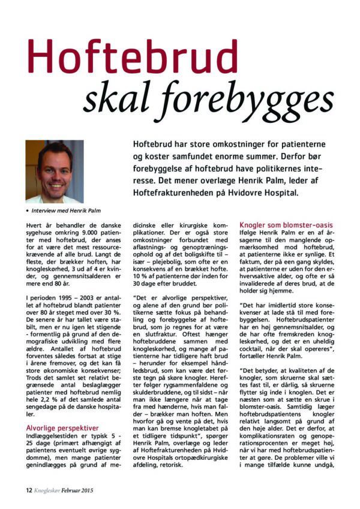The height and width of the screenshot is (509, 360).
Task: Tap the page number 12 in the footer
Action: tap(29, 490)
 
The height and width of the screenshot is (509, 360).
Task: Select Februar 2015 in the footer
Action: tap(80, 490)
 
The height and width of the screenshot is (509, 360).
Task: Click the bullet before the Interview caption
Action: tap(28, 210)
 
